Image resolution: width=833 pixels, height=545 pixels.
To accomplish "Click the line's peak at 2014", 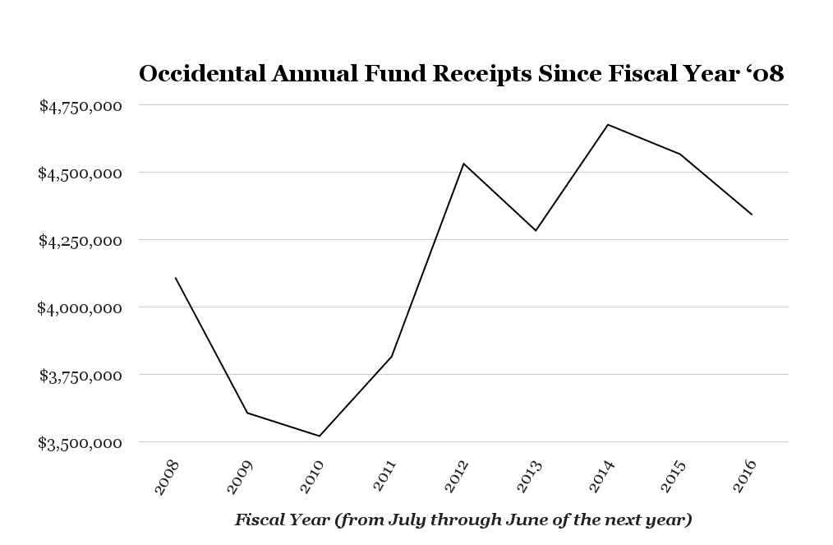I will coord(608,124).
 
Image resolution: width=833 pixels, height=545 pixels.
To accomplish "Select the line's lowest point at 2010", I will coord(320,436).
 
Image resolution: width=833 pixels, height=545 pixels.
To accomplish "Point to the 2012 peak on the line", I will coord(463,163).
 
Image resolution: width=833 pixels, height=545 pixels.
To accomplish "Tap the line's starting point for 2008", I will coord(176,278).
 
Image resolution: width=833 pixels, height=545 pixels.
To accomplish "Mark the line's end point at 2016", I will coord(752,215).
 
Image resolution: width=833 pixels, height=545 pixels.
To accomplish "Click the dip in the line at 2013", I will coord(536,230).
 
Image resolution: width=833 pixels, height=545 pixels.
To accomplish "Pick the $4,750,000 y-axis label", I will coord(81,105).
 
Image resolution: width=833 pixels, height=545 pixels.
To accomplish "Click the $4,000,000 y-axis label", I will coord(81,307).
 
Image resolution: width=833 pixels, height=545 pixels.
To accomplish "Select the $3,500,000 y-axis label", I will coord(81,442).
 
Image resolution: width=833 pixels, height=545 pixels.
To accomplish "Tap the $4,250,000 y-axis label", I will coord(81,240).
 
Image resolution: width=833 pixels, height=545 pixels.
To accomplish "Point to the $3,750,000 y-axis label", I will coord(81,375).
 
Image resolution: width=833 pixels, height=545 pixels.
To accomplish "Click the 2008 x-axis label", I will coord(166,477).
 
